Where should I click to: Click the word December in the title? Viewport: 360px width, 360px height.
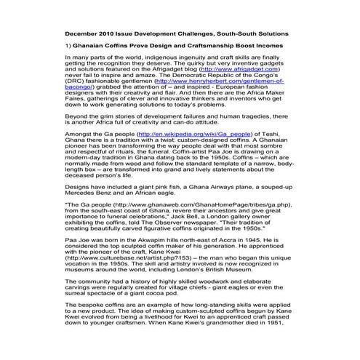pyautogui.click(x=86, y=34)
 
